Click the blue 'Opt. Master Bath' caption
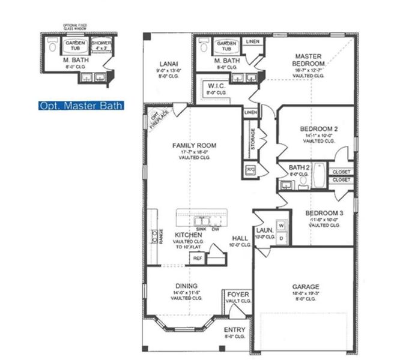point(80,106)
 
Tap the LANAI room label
point(168,64)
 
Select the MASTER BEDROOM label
point(309,59)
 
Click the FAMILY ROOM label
point(194,145)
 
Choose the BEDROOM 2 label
point(319,128)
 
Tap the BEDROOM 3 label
point(324,214)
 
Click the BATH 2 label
point(298,167)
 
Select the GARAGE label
point(306,287)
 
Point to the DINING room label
point(187,286)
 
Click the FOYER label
point(238,295)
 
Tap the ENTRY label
point(234,330)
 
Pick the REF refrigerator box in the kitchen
point(196,258)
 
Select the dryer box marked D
point(280,238)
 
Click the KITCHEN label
point(187,235)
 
